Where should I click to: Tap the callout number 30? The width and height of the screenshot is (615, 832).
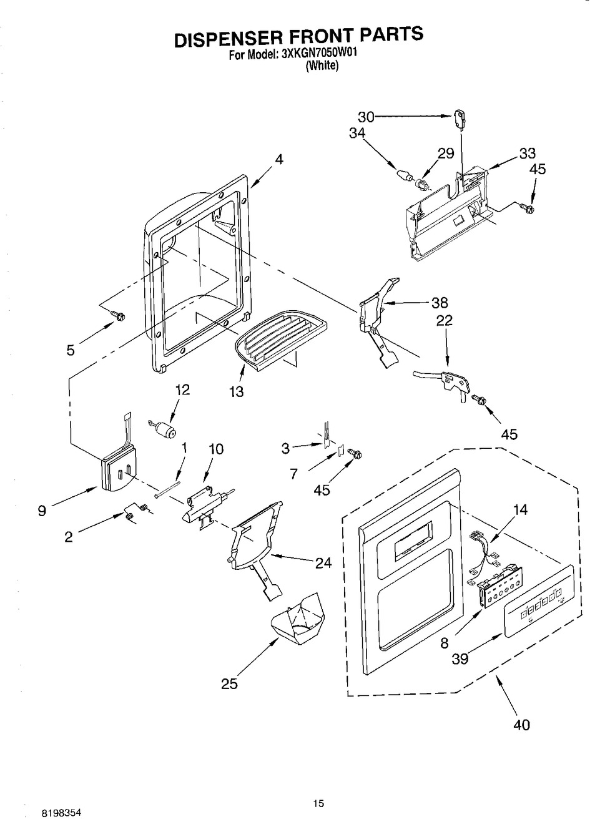coord(366,117)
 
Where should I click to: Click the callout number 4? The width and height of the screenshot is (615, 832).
coord(279,159)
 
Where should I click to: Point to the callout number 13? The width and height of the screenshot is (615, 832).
coord(237,392)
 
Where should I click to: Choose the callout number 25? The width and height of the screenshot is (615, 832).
coord(229,684)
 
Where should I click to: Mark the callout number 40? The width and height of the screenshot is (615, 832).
coord(521,725)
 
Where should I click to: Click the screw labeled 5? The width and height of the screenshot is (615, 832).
coord(119,317)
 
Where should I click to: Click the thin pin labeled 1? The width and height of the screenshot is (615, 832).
coord(167,489)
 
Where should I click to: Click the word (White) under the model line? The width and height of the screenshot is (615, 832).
coord(323,66)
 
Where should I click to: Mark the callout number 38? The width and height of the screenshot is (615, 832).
coord(440,303)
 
